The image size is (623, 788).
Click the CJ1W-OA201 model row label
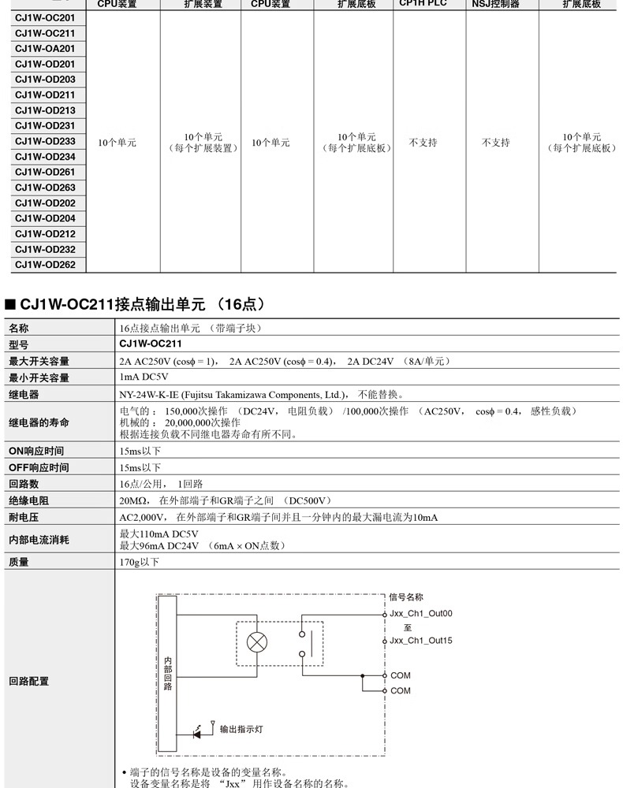point(45,49)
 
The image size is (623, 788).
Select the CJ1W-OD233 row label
point(45,141)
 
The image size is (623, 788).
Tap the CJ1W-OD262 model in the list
point(45,265)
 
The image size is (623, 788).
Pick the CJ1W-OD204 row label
point(45,218)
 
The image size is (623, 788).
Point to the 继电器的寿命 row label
point(39,422)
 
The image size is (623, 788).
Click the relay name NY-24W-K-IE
point(152,394)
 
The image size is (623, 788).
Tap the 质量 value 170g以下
point(139,562)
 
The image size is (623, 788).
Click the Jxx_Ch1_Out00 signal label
point(421,613)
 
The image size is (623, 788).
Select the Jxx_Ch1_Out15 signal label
point(421,641)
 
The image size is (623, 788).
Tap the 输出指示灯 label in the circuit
point(241,730)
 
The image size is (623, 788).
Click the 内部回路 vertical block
point(167,673)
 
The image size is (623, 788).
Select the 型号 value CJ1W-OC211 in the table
point(151,344)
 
